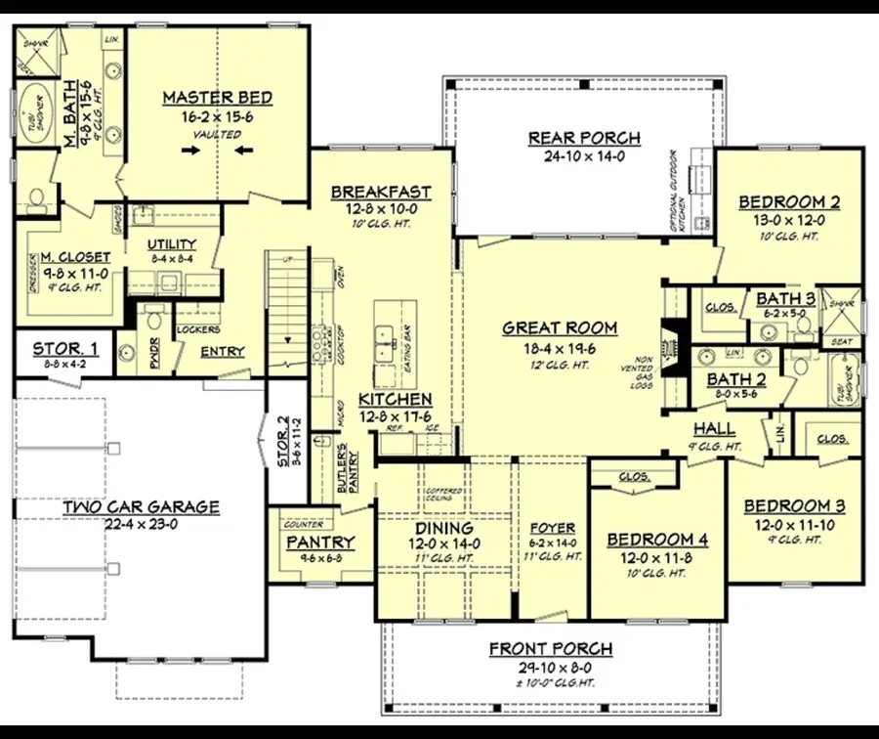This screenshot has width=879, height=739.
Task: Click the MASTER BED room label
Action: pyautogui.click(x=217, y=98)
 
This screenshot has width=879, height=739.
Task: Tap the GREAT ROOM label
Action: pyautogui.click(x=560, y=328)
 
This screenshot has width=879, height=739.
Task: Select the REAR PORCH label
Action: pyautogui.click(x=584, y=138)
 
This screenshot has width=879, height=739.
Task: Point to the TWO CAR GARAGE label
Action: pyautogui.click(x=142, y=507)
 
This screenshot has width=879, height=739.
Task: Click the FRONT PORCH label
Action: pyautogui.click(x=551, y=649)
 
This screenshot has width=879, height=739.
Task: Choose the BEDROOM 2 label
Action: pyautogui.click(x=789, y=202)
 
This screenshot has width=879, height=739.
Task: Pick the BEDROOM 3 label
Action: pyautogui.click(x=794, y=506)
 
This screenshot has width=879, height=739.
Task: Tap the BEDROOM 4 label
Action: pyautogui.click(x=657, y=540)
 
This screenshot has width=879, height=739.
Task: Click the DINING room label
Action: pyautogui.click(x=444, y=528)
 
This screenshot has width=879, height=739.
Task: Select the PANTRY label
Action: pyautogui.click(x=320, y=543)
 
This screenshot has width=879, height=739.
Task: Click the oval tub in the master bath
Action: pyautogui.click(x=38, y=114)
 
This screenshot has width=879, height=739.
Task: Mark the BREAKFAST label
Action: pyautogui.click(x=381, y=192)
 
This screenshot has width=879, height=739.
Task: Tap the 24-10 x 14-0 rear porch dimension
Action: pyautogui.click(x=584, y=155)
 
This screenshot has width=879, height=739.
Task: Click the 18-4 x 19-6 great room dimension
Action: pyautogui.click(x=560, y=347)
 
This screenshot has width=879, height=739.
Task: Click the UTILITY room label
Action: pyautogui.click(x=172, y=244)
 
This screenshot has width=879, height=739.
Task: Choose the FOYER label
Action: pyautogui.click(x=552, y=529)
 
